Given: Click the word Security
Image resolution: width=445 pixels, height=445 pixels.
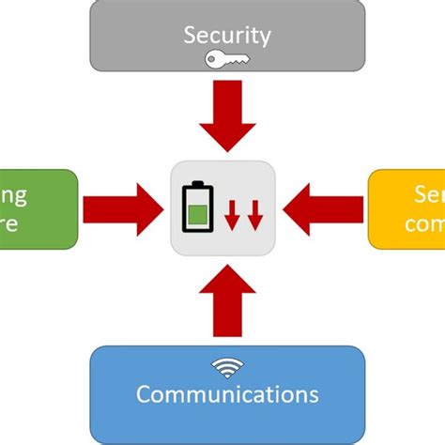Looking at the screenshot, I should tap(226, 36).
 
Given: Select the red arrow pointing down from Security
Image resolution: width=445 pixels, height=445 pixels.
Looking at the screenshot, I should tap(226, 116).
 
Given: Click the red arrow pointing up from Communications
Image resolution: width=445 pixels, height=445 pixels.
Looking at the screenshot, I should tap(226, 300).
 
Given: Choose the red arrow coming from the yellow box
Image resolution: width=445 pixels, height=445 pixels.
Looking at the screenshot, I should tap(324, 208).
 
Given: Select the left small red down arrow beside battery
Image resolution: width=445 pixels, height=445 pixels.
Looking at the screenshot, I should tap(232, 215).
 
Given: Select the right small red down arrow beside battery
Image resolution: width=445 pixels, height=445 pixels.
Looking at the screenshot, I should tap(254, 215).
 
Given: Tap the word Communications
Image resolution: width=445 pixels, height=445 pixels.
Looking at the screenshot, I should tap(227, 392).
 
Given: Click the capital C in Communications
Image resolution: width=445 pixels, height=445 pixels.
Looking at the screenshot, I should tap(144, 392).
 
